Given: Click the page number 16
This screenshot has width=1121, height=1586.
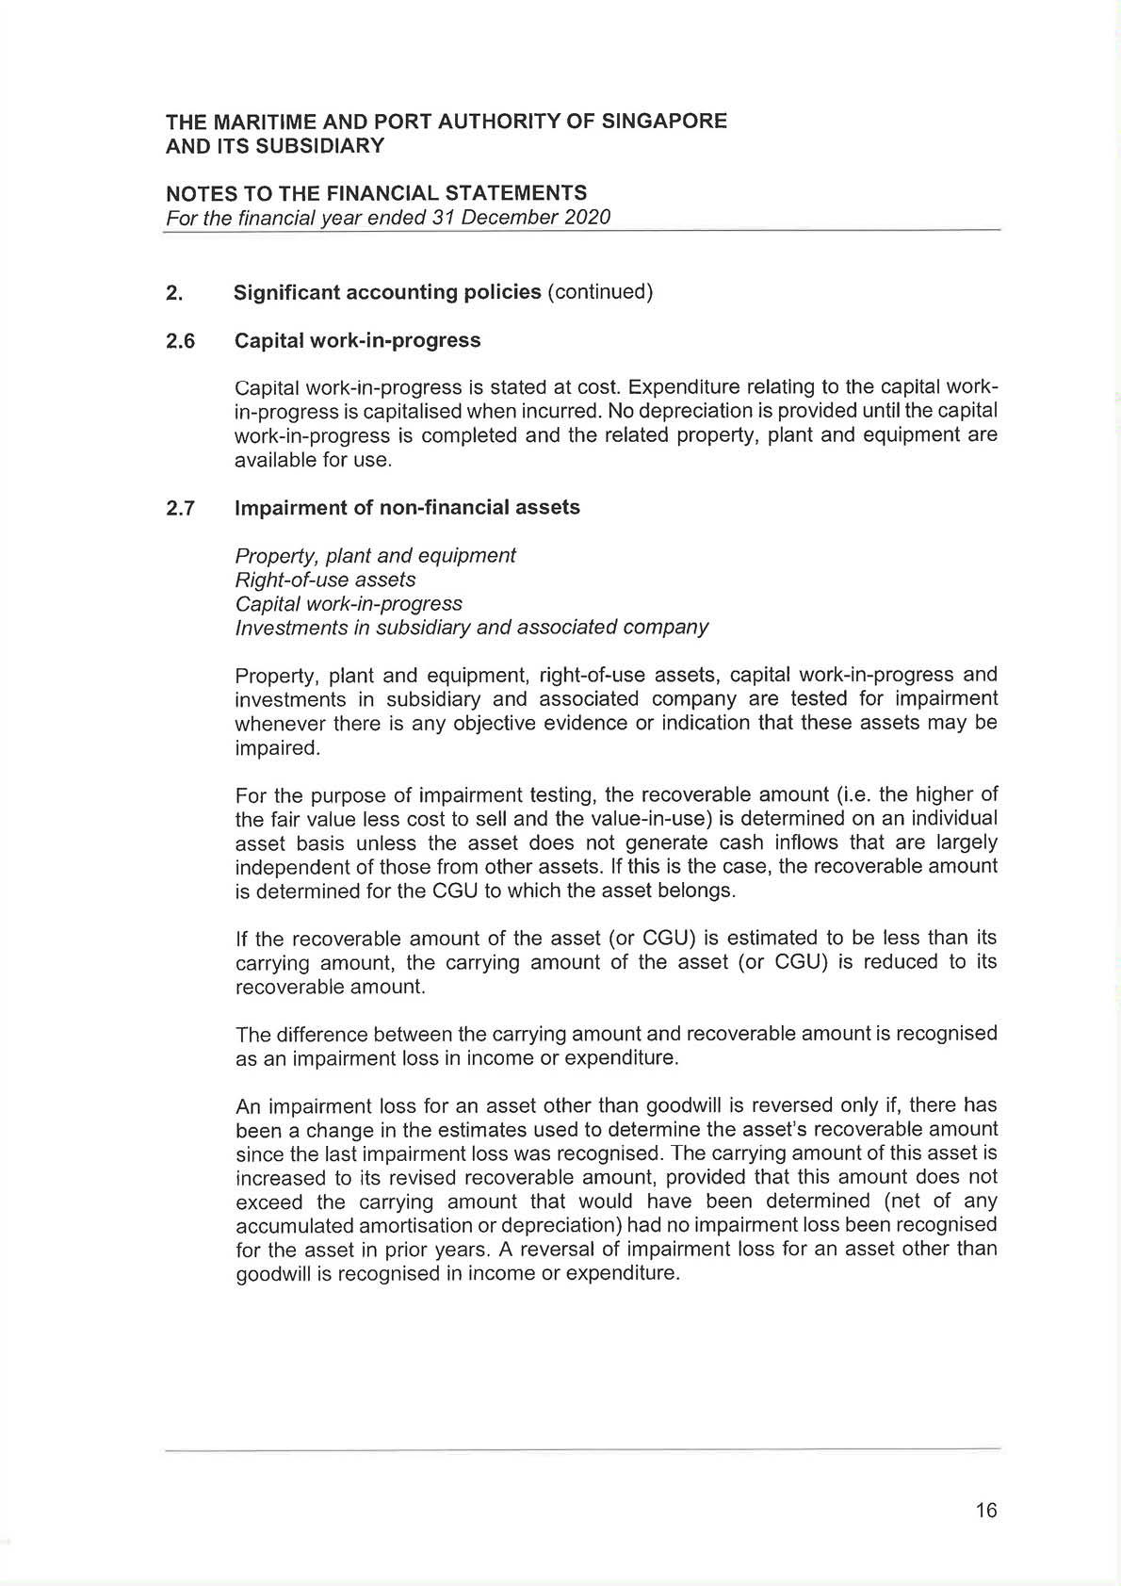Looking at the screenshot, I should (985, 1511).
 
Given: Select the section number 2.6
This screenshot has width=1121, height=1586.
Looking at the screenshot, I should (181, 341).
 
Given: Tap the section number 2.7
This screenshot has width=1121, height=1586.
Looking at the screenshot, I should (181, 509).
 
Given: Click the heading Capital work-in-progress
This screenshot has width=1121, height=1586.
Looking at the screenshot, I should (357, 340).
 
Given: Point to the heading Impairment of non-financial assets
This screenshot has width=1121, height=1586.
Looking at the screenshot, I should (407, 508).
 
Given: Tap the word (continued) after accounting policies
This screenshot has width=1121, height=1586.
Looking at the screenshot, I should (600, 292).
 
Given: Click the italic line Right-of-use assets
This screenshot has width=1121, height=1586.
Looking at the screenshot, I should (325, 580).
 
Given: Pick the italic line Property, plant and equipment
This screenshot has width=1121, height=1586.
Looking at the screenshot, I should (375, 556).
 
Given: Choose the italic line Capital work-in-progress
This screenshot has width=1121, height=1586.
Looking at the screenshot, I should (349, 604).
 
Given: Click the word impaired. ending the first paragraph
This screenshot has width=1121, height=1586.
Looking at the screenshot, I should (278, 748).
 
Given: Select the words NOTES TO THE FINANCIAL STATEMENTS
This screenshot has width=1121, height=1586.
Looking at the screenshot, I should (376, 193).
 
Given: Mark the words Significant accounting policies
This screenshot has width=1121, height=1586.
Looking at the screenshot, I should (387, 292).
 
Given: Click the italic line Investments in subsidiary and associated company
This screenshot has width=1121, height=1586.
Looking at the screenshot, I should (471, 628).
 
